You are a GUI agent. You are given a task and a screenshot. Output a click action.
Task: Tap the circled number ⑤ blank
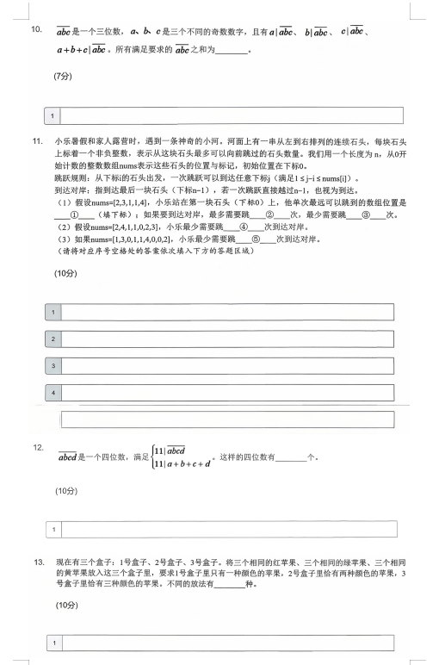(x=256, y=239)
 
